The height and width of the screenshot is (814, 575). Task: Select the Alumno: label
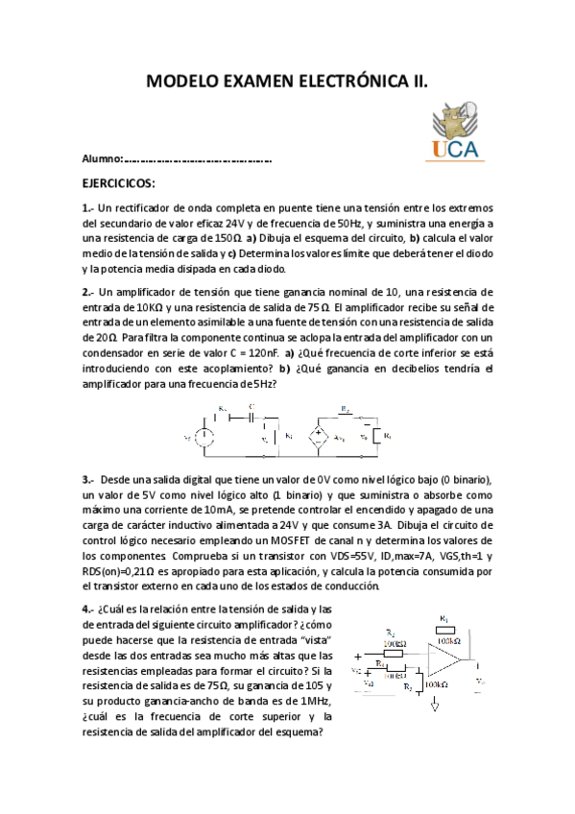coord(103,158)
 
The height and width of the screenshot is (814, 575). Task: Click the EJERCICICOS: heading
coord(118,183)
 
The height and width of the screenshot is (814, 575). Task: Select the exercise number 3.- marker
coord(87,479)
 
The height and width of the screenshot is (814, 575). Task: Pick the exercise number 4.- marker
coord(87,609)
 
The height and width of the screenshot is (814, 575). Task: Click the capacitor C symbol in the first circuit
coord(252,418)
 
